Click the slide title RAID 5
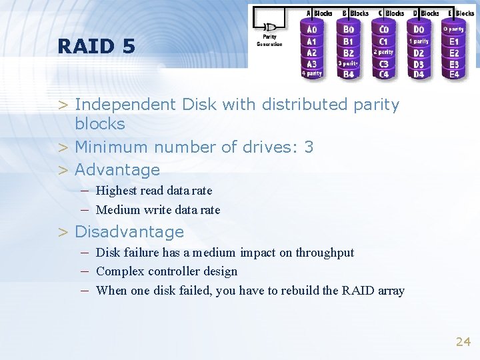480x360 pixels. pos(96,46)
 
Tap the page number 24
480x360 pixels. pos(463,342)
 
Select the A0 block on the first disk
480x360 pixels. pos(311,29)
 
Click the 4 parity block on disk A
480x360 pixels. pos(311,73)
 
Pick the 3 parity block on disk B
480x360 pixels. pos(348,63)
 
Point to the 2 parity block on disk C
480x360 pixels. pos(383,52)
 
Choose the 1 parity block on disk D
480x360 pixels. pos(419,41)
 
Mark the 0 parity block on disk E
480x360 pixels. pos(454,29)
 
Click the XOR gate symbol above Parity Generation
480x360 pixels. pos(270,27)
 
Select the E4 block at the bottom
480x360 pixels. pos(454,74)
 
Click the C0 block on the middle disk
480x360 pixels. pos(383,29)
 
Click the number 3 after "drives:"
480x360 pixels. pos(309,147)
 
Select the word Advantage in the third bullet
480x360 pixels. pos(117,169)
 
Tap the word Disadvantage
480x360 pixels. pos(129,231)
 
